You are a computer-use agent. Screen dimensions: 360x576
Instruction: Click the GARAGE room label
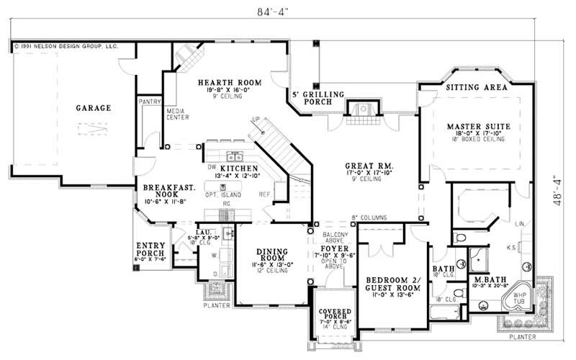(94, 109)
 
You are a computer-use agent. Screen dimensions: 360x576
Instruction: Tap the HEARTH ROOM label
(225, 83)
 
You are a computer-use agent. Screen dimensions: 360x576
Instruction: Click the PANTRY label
(150, 102)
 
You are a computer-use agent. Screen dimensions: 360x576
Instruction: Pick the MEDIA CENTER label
(177, 114)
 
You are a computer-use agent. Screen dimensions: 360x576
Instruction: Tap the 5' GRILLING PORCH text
(318, 99)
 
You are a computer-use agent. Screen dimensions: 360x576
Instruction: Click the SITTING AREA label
(476, 86)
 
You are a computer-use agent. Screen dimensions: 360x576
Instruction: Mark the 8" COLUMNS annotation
(369, 217)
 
